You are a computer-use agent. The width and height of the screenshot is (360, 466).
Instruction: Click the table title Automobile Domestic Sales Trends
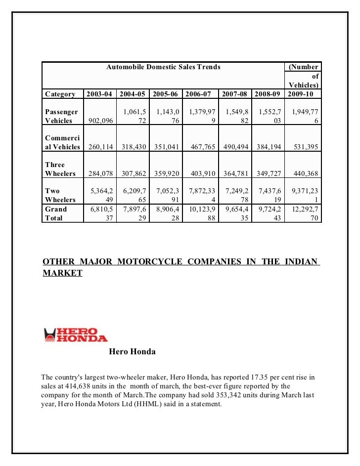[x=163, y=67]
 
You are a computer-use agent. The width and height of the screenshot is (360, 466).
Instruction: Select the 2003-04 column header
[x=100, y=94]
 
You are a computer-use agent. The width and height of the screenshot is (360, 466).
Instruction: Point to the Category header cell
[x=60, y=94]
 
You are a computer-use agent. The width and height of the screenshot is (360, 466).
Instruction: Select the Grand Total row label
[x=55, y=213]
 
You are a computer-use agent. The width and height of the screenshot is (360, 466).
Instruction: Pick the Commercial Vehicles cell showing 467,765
[x=201, y=147]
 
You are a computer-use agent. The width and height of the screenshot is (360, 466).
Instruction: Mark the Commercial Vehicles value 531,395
[x=303, y=147]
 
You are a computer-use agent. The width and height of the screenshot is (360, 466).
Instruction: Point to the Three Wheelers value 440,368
[x=303, y=173]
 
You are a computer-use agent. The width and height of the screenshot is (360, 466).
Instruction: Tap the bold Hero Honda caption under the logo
[x=132, y=352]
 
